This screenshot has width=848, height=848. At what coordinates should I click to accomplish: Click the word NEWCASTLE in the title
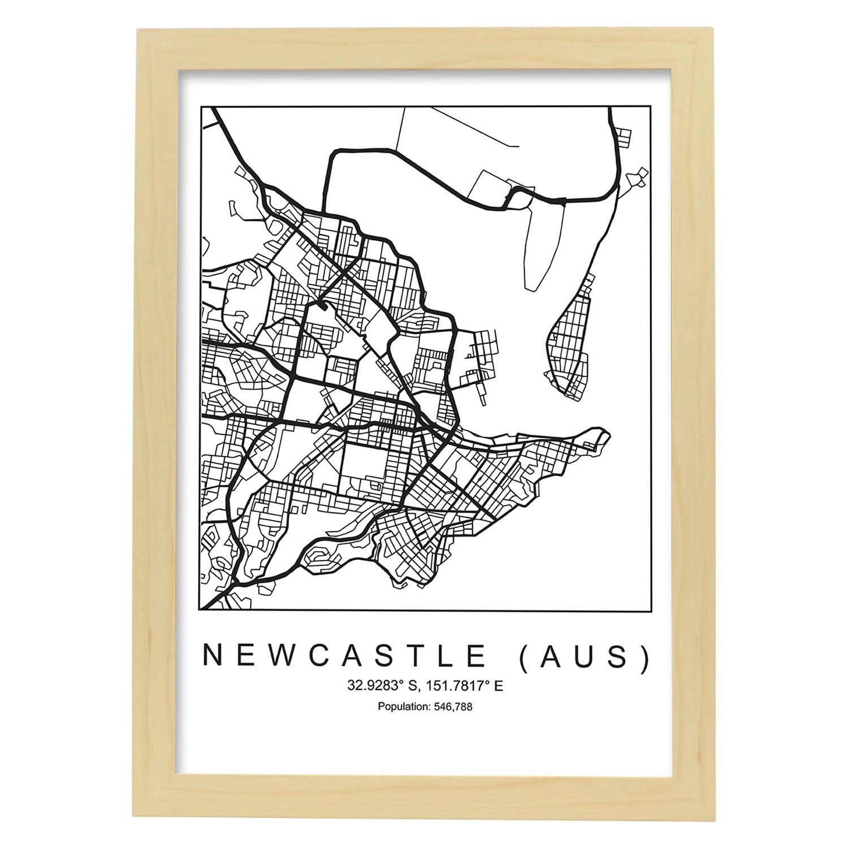[x=344, y=656]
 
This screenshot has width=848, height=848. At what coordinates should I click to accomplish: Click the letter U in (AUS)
[x=585, y=656]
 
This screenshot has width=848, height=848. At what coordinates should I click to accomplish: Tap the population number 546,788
[x=453, y=707]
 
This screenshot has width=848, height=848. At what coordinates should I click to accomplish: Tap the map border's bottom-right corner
[x=647, y=611]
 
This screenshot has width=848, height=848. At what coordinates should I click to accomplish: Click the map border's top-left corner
[x=202, y=106]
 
